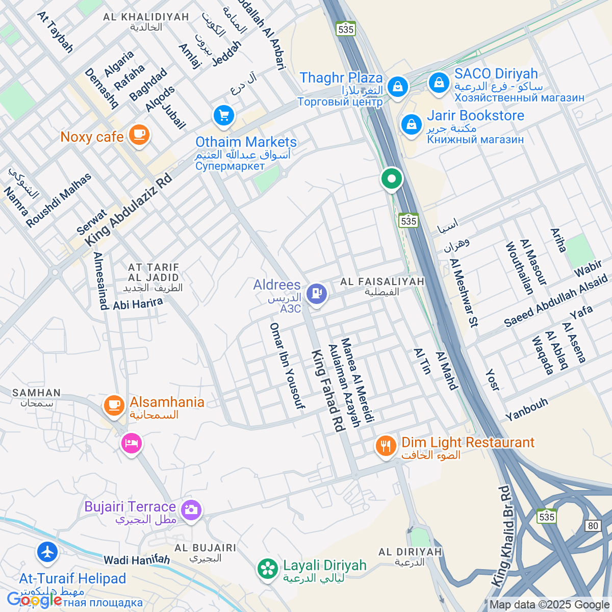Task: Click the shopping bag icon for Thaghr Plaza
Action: [x=397, y=86]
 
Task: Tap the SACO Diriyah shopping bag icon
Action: [x=438, y=82]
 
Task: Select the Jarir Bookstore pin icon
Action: [x=411, y=124]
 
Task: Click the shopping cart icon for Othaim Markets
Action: [x=223, y=115]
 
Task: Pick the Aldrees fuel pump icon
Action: [x=316, y=294]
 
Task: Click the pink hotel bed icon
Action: [x=131, y=443]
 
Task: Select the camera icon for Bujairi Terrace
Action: [x=191, y=509]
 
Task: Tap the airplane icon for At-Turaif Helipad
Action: [x=47, y=552]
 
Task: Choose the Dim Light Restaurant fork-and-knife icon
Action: [x=386, y=446]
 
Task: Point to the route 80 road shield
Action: [x=593, y=526]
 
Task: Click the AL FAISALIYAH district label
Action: [x=382, y=282]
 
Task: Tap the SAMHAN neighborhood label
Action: [x=36, y=393]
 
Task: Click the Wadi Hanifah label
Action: [x=137, y=560]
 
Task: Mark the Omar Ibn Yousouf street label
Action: [x=287, y=365]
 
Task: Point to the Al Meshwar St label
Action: [x=464, y=292]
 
